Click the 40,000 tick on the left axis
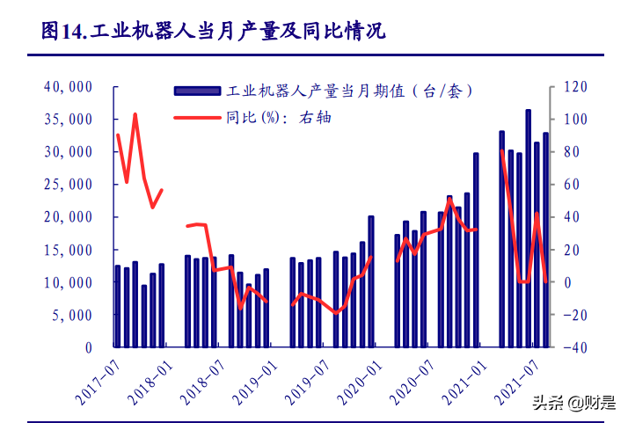(69, 87)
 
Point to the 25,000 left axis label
(69, 185)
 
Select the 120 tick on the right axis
(575, 87)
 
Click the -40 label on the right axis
(575, 347)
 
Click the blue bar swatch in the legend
(197, 91)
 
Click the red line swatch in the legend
(197, 116)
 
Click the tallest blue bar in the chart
(528, 229)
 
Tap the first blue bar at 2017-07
(118, 306)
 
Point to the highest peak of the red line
(135, 114)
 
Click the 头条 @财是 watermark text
(573, 403)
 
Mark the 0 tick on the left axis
(88, 347)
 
